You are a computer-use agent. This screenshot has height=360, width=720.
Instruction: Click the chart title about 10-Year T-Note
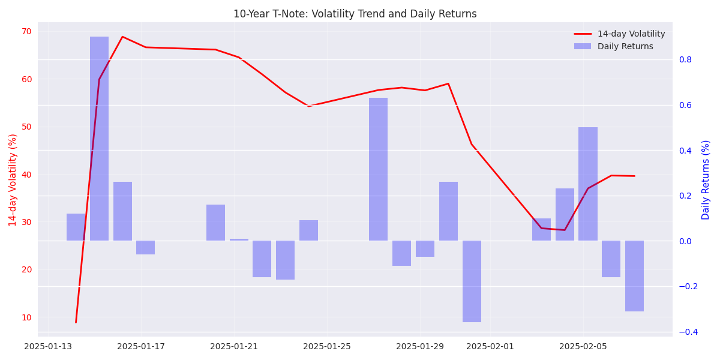(355, 14)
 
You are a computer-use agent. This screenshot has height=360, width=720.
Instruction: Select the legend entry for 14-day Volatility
(631, 34)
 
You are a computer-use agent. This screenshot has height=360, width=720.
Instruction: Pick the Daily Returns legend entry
(625, 47)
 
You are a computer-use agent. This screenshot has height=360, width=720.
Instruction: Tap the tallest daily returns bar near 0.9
(99, 138)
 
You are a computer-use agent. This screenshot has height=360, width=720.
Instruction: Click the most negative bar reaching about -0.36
(472, 281)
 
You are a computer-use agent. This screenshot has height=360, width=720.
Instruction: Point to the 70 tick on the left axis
(26, 32)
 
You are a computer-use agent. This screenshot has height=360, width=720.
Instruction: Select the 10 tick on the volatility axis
(26, 317)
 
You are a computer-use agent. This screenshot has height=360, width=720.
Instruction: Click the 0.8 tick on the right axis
(685, 59)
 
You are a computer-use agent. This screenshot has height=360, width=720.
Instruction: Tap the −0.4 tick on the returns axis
(688, 332)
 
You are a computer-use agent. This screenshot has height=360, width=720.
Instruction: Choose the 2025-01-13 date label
(48, 347)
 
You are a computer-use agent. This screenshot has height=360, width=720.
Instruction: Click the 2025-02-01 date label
(490, 347)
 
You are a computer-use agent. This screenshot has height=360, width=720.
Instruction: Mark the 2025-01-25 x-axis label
(327, 347)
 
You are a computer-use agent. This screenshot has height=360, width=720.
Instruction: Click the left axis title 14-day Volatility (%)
(13, 179)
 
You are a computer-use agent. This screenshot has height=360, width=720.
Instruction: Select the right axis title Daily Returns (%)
(706, 179)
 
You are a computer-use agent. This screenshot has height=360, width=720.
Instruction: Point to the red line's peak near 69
(122, 37)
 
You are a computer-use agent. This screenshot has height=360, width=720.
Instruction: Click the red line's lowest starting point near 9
(76, 322)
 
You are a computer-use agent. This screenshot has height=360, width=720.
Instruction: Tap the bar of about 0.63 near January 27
(378, 169)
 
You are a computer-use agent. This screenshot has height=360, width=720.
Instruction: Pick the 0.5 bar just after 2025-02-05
(588, 184)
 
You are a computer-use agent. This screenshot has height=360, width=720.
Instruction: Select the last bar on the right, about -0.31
(634, 276)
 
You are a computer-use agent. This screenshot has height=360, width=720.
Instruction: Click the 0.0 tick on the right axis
(685, 241)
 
